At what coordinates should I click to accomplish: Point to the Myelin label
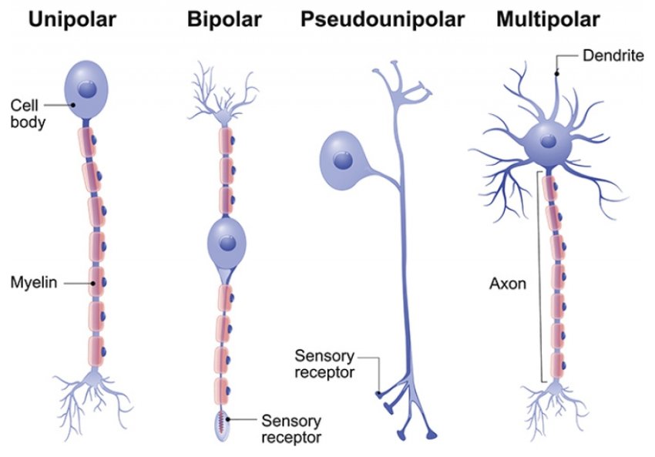tap(31, 283)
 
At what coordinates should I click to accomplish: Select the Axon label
tap(508, 283)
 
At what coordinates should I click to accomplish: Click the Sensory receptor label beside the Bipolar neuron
tap(291, 428)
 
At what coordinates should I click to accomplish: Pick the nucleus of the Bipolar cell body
tap(226, 243)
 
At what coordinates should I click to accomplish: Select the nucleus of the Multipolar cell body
tap(548, 142)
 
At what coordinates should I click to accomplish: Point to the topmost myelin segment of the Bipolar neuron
tap(226, 141)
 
